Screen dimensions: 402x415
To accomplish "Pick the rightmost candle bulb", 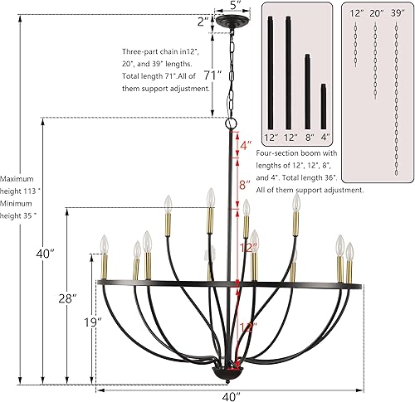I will pyautogui.click(x=350, y=251).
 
